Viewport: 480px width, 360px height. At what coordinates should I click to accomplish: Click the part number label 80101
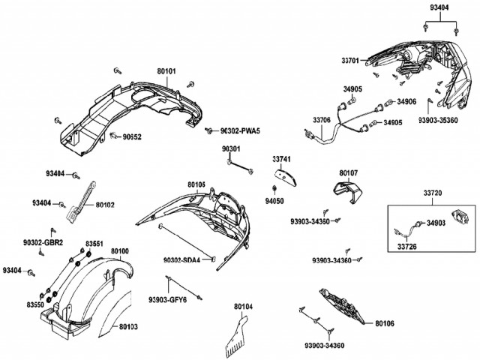click(166, 72)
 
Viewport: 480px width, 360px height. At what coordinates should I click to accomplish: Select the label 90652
click(132, 137)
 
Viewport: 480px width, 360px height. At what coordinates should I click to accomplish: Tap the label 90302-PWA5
click(240, 130)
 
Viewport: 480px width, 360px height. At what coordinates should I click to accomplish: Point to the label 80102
click(106, 203)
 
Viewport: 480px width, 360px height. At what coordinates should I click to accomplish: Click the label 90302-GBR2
click(43, 242)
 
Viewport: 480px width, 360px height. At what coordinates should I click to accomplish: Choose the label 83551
click(94, 244)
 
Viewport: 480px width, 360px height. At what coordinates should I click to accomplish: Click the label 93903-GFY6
click(166, 298)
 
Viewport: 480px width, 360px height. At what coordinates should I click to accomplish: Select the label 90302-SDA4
click(183, 260)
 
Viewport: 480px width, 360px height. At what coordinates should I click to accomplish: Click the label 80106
click(387, 324)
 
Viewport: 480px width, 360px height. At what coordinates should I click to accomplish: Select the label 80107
click(349, 172)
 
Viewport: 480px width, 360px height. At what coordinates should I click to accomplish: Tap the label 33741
click(281, 160)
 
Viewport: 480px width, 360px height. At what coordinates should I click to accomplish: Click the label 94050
click(274, 201)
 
